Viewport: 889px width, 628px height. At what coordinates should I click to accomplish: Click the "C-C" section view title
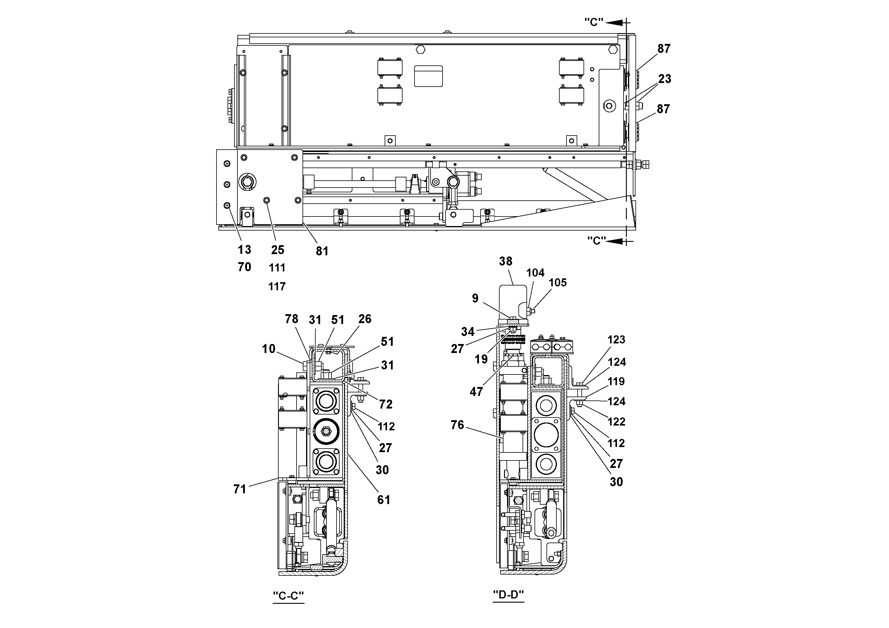tap(288, 595)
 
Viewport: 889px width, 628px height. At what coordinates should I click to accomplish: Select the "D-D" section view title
tap(508, 594)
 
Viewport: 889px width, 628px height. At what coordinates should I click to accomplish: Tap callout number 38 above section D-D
tap(506, 261)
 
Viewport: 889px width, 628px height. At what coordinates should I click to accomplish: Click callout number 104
tap(535, 273)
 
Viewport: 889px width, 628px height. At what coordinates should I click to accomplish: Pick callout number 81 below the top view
tap(322, 251)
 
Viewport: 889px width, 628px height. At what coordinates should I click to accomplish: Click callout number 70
tap(244, 267)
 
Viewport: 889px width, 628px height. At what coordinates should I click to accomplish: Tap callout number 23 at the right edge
tap(664, 79)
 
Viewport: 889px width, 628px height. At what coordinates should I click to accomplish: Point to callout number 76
tap(457, 425)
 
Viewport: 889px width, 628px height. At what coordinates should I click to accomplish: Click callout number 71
tap(240, 489)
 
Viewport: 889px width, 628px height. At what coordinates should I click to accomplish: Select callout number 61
tap(384, 500)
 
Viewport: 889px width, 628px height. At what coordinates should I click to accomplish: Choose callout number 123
tap(616, 340)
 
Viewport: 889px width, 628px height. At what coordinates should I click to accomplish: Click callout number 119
tap(616, 381)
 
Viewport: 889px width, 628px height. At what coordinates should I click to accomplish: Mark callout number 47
tap(476, 392)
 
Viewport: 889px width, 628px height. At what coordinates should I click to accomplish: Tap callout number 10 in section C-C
tap(268, 349)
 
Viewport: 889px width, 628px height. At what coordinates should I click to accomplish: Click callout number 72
tap(386, 404)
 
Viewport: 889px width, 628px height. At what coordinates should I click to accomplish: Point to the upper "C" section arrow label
tap(594, 22)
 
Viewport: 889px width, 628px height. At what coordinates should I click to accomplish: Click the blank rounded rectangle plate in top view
tap(428, 76)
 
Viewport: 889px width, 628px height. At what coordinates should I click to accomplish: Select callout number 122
tap(616, 422)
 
